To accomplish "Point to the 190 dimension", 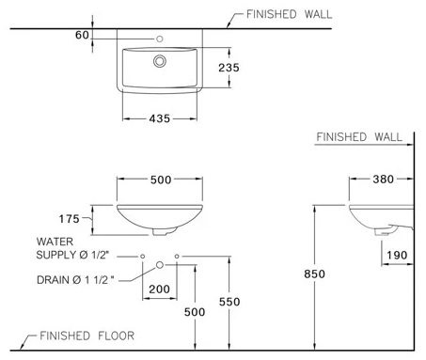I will click(398, 254).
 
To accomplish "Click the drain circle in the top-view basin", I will click(160, 60).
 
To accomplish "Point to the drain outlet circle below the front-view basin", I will click(160, 266).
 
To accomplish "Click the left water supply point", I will click(141, 256).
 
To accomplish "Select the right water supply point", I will click(178, 256).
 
